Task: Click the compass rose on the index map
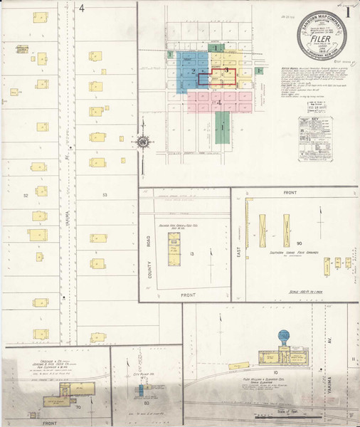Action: tap(143, 142)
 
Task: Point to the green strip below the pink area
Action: tap(222, 128)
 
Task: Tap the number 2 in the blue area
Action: tap(193, 72)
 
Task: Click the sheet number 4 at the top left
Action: tap(82, 9)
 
